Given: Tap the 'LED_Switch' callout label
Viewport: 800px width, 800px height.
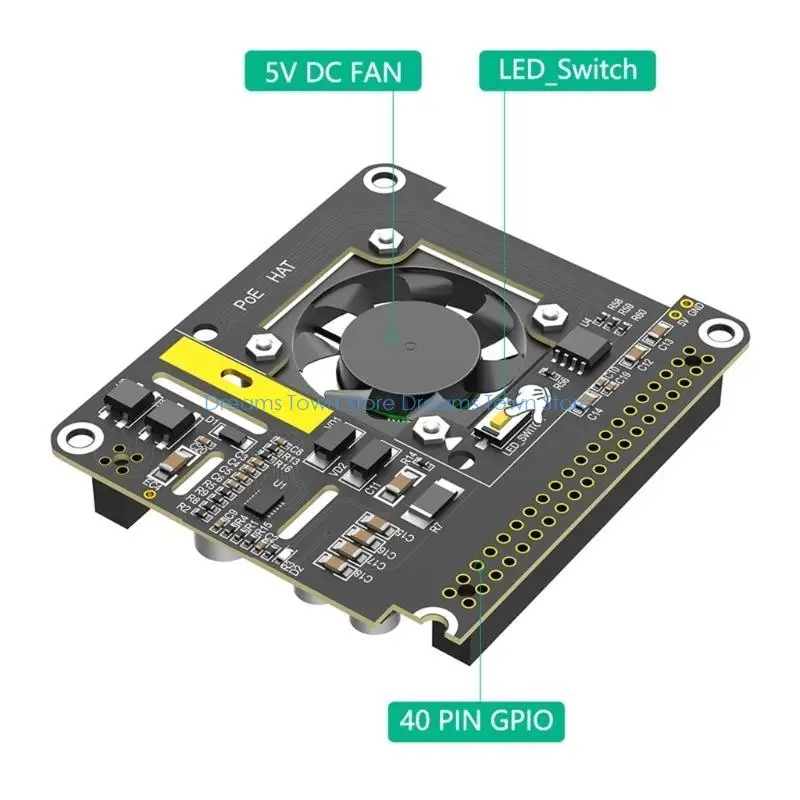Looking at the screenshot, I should [567, 70].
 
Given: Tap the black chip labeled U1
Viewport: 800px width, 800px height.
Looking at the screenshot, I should [263, 500].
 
